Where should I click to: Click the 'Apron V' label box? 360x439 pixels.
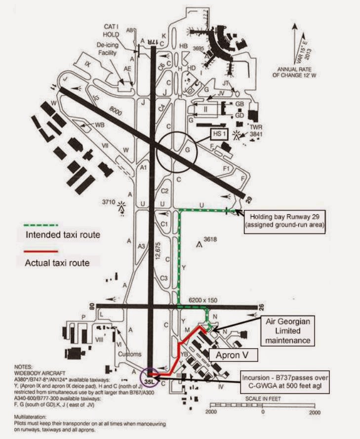229,355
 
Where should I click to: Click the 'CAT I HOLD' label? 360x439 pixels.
112,30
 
